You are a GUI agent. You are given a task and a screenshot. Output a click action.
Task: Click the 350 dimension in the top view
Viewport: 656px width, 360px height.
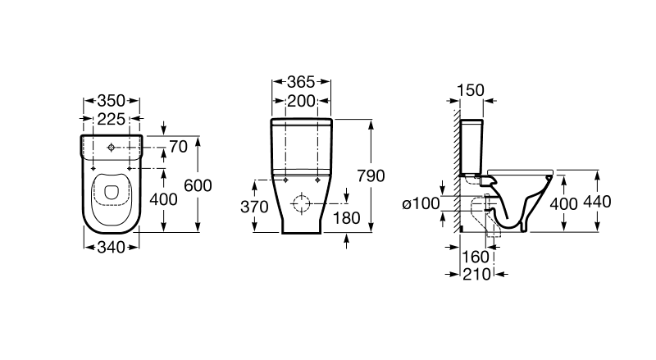(112, 101)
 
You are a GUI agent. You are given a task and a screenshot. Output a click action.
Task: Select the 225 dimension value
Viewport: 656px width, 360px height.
(112, 119)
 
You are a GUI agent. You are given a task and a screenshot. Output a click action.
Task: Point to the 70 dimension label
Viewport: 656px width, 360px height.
(178, 147)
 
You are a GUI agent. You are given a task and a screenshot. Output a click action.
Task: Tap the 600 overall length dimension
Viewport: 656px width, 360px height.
(198, 185)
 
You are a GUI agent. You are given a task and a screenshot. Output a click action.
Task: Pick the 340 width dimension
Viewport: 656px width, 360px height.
(112, 248)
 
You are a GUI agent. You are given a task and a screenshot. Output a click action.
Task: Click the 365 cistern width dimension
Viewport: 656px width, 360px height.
(301, 82)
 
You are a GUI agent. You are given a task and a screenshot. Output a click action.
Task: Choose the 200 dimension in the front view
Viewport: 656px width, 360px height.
(301, 101)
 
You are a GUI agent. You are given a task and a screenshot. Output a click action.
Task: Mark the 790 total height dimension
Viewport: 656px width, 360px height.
(371, 175)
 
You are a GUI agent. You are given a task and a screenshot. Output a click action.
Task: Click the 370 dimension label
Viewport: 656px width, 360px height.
(254, 207)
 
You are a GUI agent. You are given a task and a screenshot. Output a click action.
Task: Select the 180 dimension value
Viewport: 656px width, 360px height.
(346, 217)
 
